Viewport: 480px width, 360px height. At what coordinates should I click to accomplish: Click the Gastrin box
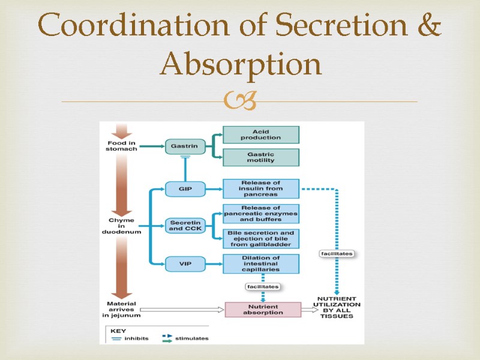point(182,145)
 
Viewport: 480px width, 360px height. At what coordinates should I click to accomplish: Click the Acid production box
point(260,134)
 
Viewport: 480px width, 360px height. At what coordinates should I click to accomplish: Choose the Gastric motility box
point(260,157)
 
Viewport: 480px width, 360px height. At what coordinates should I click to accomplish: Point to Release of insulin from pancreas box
point(260,189)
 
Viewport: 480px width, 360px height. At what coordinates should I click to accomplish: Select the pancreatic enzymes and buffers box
point(260,214)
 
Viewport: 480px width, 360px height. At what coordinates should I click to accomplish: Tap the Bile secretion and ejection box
point(260,238)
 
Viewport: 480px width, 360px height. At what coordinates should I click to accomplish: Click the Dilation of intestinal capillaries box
point(260,263)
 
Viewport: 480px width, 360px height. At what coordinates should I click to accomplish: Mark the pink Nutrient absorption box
point(262,309)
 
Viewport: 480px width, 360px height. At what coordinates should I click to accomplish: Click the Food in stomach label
point(122,145)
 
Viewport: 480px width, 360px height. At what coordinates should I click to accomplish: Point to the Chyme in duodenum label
point(122,225)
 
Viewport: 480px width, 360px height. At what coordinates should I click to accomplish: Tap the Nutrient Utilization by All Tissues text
point(337,307)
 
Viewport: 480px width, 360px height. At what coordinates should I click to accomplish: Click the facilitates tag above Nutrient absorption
point(263,287)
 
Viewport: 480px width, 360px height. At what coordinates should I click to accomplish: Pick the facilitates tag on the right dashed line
point(336,254)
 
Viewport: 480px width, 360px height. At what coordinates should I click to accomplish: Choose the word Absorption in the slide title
point(240,65)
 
